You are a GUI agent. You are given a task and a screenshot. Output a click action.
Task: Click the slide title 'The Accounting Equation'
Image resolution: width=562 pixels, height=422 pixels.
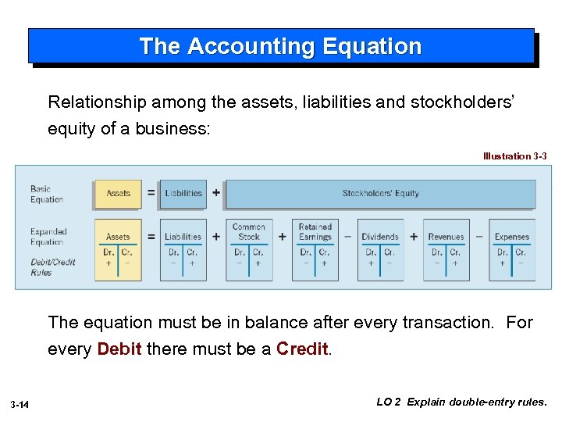click(x=280, y=46)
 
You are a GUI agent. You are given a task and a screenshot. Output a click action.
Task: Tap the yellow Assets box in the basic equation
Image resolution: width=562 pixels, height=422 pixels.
click(x=118, y=193)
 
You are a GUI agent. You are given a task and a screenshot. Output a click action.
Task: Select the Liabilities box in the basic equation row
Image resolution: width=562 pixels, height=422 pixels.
click(x=183, y=193)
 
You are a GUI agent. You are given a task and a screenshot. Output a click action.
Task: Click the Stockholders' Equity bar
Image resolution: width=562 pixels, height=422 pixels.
click(x=380, y=193)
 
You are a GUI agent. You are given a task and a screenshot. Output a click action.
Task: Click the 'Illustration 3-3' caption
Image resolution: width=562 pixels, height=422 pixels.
click(x=514, y=156)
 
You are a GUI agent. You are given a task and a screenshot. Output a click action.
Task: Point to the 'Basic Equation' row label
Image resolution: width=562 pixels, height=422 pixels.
click(x=46, y=194)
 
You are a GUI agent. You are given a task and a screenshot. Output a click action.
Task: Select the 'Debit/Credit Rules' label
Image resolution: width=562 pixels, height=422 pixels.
click(x=53, y=267)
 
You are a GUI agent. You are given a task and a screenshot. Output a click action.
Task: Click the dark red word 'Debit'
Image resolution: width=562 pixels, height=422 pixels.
click(x=119, y=349)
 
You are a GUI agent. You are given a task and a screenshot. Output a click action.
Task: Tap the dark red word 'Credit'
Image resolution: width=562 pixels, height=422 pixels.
click(x=303, y=349)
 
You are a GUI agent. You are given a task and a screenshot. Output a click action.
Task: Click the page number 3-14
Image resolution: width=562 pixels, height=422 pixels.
click(x=20, y=403)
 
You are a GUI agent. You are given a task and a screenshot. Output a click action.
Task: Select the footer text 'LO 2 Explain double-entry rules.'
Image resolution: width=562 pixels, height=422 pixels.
click(x=462, y=402)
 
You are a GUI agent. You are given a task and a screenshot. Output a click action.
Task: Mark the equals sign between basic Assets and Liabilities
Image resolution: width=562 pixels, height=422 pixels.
click(x=151, y=193)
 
